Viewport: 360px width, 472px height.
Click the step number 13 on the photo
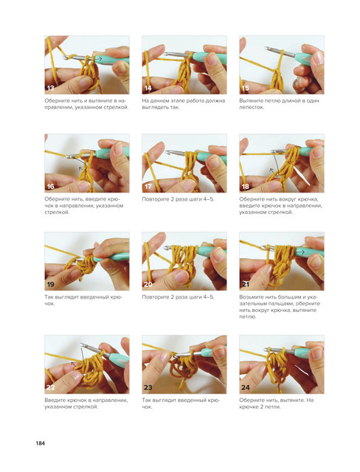pyautogui.click(x=51, y=88)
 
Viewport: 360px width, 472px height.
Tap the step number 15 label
pyautogui.click(x=246, y=88)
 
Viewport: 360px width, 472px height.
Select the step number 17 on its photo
pyautogui.click(x=148, y=187)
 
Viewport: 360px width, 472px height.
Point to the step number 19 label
pyautogui.click(x=51, y=284)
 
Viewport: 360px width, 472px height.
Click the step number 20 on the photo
pyautogui.click(x=148, y=284)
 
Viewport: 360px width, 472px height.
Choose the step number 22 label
pyautogui.click(x=51, y=387)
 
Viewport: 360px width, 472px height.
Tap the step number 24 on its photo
pyautogui.click(x=246, y=387)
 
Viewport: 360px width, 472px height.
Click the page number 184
pyautogui.click(x=41, y=443)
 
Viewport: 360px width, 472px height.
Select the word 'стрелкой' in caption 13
pyautogui.click(x=116, y=107)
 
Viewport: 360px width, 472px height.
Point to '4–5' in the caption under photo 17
pyautogui.click(x=208, y=199)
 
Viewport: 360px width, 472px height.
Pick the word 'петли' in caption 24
pyautogui.click(x=273, y=406)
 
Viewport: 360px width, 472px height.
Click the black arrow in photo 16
pyautogui.click(x=83, y=163)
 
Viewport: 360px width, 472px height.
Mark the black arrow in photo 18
pyautogui.click(x=274, y=164)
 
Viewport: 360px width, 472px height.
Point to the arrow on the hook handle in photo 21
pyautogui.click(x=302, y=252)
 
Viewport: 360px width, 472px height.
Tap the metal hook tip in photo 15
pyautogui.click(x=267, y=48)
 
